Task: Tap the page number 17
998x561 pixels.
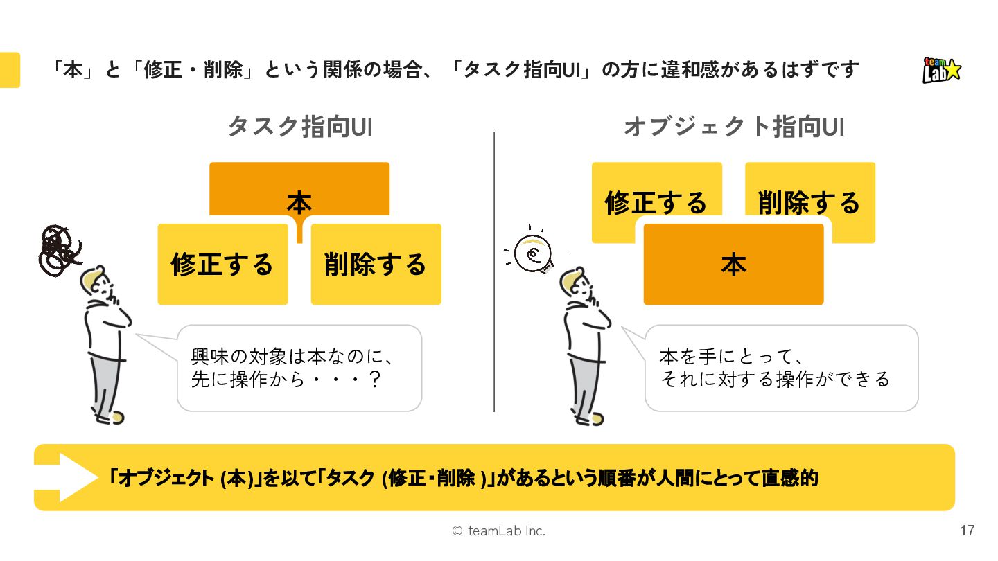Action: coord(967,531)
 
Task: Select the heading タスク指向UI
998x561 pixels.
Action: coord(300,127)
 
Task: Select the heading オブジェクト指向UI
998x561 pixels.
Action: coord(733,127)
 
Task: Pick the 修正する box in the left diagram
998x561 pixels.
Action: coord(222,265)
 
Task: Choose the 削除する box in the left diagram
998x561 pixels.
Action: coord(376,265)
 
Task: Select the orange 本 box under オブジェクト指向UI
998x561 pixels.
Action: coord(733,265)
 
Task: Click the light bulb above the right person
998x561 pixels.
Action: coord(534,254)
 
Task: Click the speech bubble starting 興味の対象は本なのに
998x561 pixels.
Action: coord(299,368)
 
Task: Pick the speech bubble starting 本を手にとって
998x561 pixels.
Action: coord(780,368)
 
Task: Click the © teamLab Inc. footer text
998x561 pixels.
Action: coord(498,531)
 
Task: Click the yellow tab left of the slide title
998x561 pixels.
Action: coord(10,70)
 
